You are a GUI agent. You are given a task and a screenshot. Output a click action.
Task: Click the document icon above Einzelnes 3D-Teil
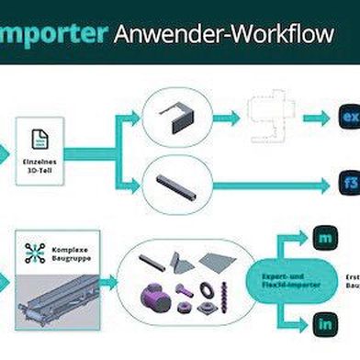(40, 139)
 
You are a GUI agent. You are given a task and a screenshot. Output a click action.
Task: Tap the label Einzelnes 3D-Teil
(40, 166)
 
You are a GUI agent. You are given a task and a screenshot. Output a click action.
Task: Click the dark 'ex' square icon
(349, 118)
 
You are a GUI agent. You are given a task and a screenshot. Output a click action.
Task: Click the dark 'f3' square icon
(349, 181)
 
